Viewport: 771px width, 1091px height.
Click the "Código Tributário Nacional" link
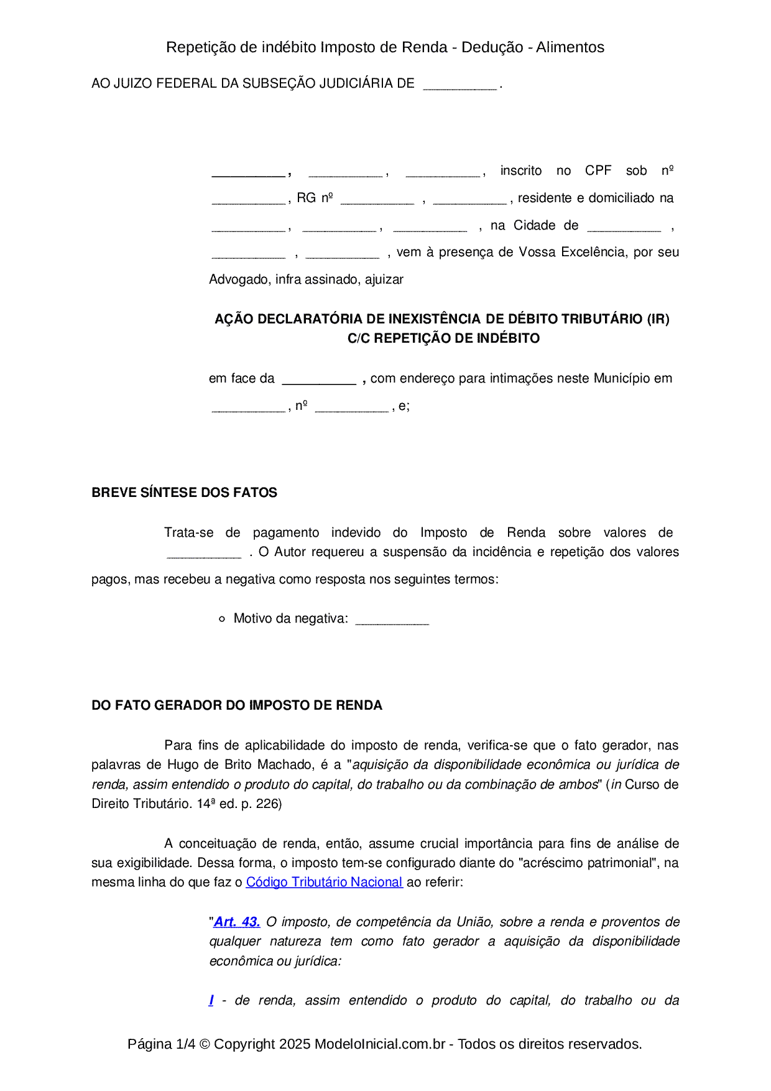point(324,882)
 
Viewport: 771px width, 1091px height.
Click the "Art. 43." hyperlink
point(237,922)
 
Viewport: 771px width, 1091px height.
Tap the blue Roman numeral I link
point(211,1000)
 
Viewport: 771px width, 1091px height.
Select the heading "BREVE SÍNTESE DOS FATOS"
point(184,493)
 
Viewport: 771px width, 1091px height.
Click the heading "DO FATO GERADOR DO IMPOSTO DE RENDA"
point(236,705)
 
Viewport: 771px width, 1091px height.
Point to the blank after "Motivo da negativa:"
point(392,620)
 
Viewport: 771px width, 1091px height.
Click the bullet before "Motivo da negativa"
point(222,619)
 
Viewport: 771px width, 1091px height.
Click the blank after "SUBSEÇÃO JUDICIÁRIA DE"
point(459,85)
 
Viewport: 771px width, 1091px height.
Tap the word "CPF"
point(598,170)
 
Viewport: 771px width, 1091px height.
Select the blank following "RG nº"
point(377,199)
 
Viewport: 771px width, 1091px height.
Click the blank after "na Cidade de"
point(624,226)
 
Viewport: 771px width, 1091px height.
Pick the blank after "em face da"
point(318,379)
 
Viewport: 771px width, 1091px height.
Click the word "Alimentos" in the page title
point(570,47)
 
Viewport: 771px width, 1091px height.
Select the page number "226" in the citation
point(268,804)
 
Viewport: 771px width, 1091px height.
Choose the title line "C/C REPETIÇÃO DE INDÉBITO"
point(443,338)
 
